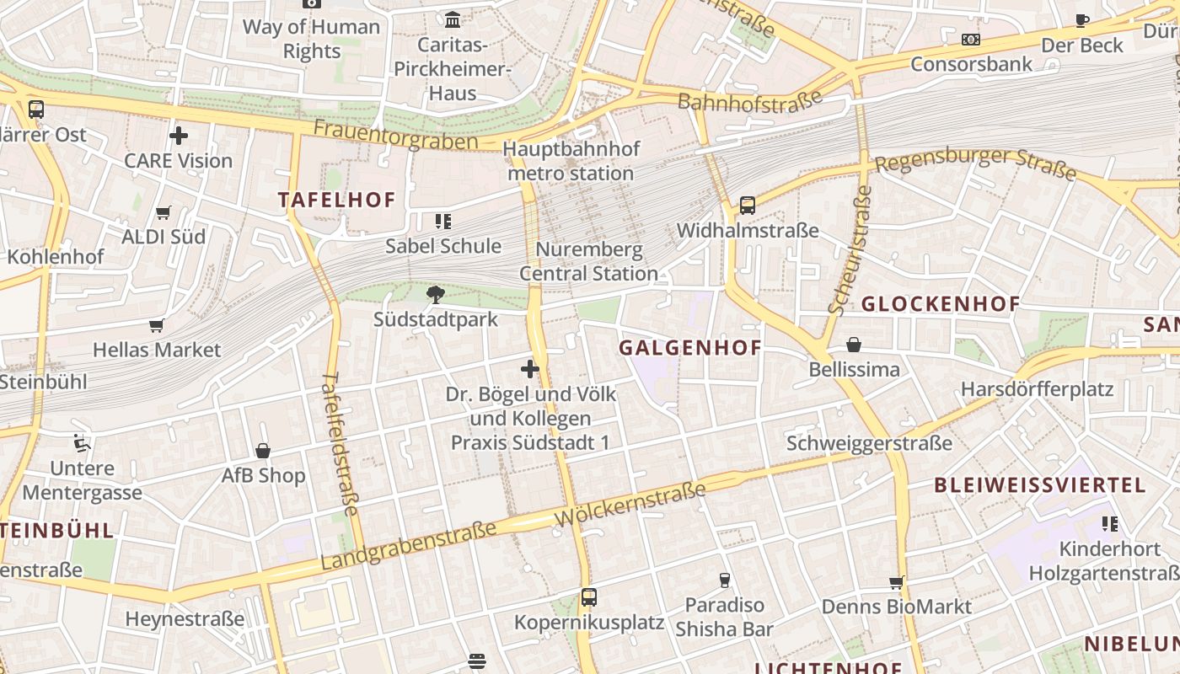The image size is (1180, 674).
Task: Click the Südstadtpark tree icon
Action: point(435,294)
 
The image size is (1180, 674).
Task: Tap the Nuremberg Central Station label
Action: point(588,261)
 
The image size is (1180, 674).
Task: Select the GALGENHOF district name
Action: point(690,348)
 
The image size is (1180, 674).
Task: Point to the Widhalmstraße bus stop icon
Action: point(747,205)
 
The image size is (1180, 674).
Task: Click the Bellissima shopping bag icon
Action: point(854,345)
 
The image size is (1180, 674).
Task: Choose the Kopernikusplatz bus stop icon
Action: point(589,597)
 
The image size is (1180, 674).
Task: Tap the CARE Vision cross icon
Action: point(179,135)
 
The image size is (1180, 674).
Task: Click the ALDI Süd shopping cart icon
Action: point(164,212)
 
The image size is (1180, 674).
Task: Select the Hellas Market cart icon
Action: point(156,325)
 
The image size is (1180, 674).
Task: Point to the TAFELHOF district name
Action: point(337,201)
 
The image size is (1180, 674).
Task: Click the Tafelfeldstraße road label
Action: point(341,443)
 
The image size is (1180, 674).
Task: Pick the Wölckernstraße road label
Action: point(630,505)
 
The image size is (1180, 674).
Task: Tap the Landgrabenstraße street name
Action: point(409,547)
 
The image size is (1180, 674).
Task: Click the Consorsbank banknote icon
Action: point(971,40)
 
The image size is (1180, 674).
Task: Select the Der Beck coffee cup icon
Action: point(1082,20)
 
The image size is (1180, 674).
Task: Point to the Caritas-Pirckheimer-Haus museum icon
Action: point(453,19)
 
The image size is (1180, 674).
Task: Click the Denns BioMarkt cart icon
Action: point(897,582)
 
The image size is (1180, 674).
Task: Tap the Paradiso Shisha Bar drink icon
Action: point(724,580)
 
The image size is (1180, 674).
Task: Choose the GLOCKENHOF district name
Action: point(940,304)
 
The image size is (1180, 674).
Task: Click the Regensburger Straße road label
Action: point(976,163)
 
